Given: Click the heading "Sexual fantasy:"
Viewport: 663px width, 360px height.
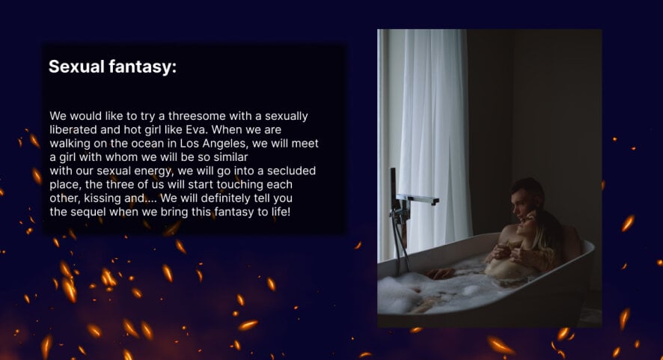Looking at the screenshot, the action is pos(112,67).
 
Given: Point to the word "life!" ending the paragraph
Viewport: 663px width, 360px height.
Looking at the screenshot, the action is pos(279,212).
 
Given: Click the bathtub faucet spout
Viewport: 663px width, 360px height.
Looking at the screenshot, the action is pos(418,199).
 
